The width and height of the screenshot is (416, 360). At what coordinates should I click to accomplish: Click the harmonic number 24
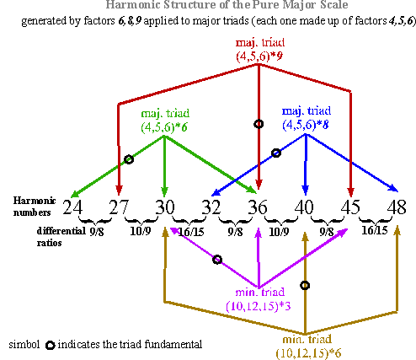(x=72, y=207)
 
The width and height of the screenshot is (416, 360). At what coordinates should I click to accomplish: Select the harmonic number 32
(x=211, y=207)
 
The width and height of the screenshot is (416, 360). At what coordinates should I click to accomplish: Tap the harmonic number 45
(x=350, y=207)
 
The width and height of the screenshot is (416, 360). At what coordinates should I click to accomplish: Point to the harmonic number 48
(x=397, y=207)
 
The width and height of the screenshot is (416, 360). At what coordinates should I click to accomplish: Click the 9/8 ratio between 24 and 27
(x=97, y=232)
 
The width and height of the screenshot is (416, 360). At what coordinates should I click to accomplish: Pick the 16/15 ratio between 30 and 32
(x=191, y=232)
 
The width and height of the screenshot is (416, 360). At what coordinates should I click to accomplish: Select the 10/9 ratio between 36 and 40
(x=279, y=232)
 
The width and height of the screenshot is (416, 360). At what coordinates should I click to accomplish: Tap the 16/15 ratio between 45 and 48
(x=375, y=230)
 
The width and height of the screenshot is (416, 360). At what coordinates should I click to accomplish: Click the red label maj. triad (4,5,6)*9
(x=260, y=50)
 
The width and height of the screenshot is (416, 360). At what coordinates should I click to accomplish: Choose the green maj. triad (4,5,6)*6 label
(x=165, y=121)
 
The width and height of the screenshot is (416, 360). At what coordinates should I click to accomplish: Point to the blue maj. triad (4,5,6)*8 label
(x=307, y=118)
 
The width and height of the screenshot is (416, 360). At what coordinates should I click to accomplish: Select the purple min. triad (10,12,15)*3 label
(x=259, y=299)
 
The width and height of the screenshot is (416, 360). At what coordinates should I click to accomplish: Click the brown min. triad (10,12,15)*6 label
(x=308, y=347)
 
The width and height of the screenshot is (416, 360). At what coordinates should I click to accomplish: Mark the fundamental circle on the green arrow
(x=129, y=159)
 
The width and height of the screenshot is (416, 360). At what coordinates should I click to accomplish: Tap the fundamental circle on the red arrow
(x=259, y=124)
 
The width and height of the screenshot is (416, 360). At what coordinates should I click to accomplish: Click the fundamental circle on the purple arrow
(x=217, y=260)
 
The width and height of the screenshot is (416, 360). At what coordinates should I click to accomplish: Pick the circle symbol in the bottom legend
(x=51, y=345)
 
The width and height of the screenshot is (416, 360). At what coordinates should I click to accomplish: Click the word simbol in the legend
(x=24, y=344)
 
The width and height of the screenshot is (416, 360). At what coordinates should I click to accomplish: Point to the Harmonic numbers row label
(x=35, y=207)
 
